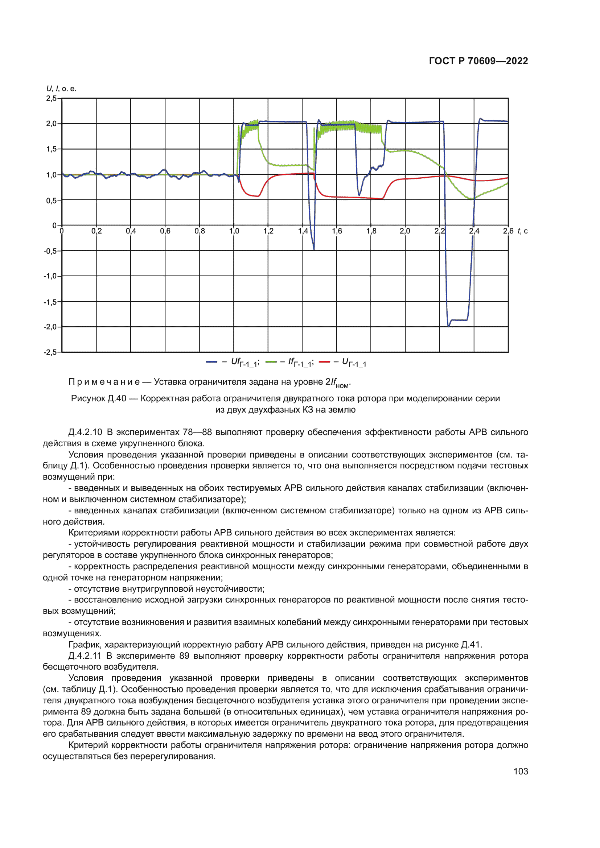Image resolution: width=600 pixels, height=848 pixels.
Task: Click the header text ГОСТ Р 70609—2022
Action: (478, 61)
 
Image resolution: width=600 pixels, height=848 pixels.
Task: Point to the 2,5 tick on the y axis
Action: (51, 99)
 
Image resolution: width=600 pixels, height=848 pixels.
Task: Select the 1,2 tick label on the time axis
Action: (268, 231)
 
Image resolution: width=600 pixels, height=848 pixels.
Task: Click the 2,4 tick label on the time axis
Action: (474, 231)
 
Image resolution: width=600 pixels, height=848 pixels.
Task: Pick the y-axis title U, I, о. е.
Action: (61, 88)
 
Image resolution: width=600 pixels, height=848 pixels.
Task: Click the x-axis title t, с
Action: (522, 231)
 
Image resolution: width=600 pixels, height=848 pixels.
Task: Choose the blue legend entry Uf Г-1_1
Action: (233, 362)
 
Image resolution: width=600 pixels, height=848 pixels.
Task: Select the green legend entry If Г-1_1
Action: (291, 362)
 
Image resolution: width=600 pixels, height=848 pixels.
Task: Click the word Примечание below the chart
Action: (104, 382)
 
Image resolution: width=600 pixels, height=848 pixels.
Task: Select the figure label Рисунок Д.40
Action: (98, 398)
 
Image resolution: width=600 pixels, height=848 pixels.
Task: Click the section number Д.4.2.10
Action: (85, 432)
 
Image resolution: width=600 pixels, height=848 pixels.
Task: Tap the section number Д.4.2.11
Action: (85, 656)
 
